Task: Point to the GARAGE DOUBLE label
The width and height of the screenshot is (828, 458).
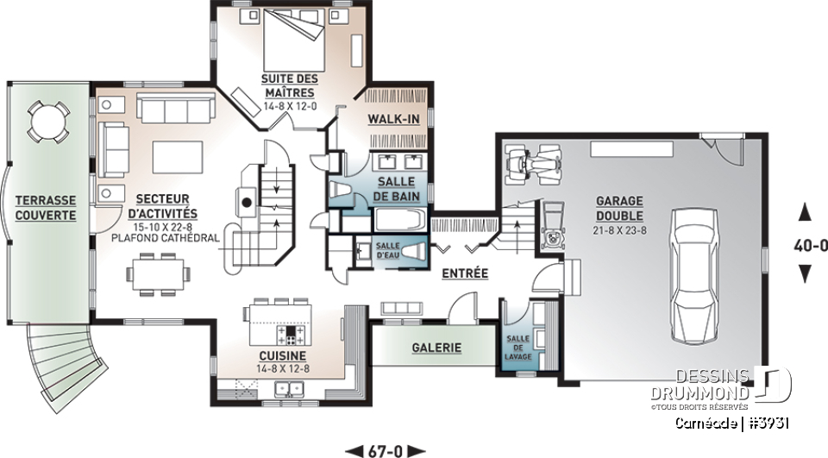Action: pyautogui.click(x=618, y=208)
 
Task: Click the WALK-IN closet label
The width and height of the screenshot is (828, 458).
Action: pyautogui.click(x=393, y=117)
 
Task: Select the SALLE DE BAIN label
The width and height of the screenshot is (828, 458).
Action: pyautogui.click(x=396, y=189)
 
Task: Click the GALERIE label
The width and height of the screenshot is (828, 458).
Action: pyautogui.click(x=436, y=348)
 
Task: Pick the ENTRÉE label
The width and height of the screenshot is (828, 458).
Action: pyautogui.click(x=464, y=273)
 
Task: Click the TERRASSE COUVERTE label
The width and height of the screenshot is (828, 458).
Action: pyautogui.click(x=45, y=207)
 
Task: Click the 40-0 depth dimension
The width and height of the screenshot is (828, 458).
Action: pyautogui.click(x=809, y=244)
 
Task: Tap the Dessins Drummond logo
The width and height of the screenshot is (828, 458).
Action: pyautogui.click(x=720, y=386)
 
